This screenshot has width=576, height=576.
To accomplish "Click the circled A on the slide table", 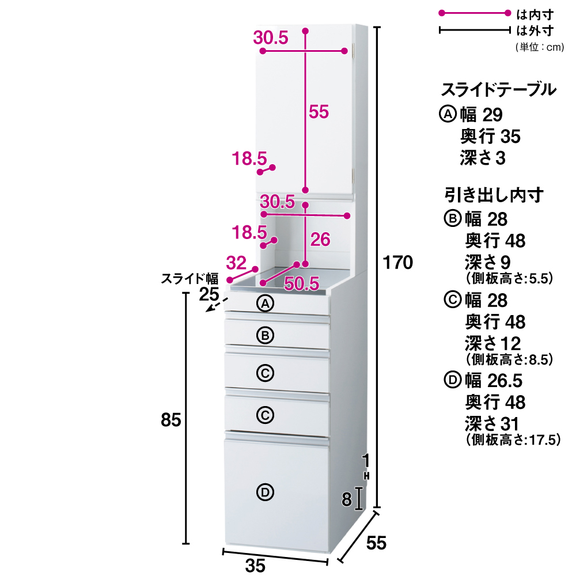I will point(265,304).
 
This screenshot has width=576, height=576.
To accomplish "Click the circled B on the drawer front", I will point(265,335).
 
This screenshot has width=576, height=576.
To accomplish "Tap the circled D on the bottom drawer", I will point(265,492).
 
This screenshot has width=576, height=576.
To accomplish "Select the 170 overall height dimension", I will point(399,263).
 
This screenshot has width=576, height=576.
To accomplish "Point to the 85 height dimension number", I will point(171,420).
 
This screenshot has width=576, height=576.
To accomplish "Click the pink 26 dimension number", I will point(320,240).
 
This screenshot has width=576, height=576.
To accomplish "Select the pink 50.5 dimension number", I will point(302,283).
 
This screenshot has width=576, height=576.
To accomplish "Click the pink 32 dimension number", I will point(236,263).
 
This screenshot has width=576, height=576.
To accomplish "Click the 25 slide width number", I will point(209,295).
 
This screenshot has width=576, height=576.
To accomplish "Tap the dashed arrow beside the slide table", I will point(213,306).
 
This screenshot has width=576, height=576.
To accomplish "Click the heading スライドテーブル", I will point(498,90).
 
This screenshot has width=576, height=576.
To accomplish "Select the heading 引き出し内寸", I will point(494,195).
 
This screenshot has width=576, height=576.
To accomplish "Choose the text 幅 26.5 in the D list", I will point(494,381).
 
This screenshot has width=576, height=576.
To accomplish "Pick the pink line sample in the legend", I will point(475,13).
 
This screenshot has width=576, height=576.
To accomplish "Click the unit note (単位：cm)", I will point(539,47).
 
